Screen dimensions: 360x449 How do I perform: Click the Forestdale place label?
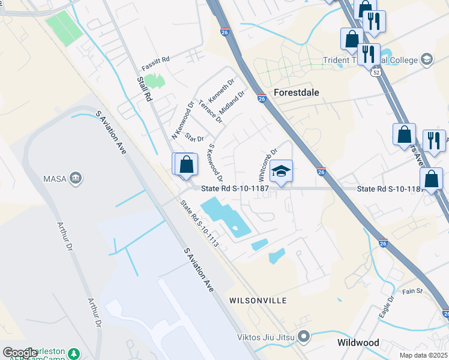coord(296,92)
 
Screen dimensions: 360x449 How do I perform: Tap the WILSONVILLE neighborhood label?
coord(258,300)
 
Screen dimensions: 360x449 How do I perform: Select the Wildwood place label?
coord(358,343)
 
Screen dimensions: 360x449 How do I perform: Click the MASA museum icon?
coord(76,178)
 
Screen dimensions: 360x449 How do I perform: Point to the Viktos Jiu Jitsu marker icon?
coord(303,337)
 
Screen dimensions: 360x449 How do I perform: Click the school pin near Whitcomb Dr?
coord(280,172)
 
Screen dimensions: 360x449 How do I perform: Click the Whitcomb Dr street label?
coord(268,165)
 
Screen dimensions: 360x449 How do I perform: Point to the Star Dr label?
coord(194,138)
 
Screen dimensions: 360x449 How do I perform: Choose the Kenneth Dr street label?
coord(221,90)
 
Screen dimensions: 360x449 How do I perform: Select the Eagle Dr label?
coord(385,307)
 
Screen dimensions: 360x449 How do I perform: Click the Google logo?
coord(20,353)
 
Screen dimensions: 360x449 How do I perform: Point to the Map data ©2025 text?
coord(423,355)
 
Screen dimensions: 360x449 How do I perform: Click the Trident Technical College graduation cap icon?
coord(427,59)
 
